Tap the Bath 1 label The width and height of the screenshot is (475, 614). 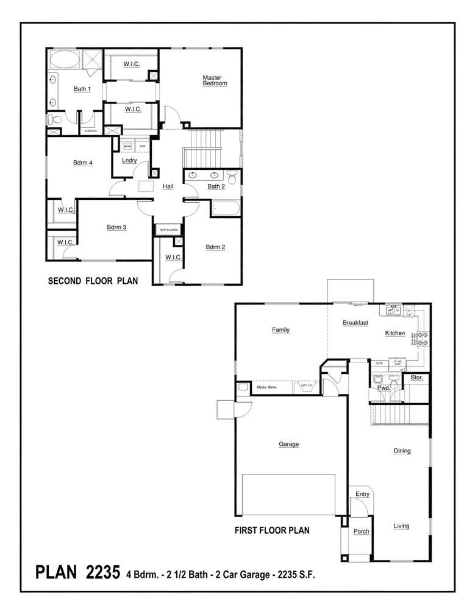[x=82, y=89]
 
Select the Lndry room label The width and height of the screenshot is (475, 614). [x=129, y=161]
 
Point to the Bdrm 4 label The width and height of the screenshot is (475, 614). [x=82, y=162]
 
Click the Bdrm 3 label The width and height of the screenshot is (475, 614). [x=116, y=227]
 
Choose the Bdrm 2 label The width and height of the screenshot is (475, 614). [x=215, y=247]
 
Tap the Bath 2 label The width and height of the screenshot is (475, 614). [x=216, y=186]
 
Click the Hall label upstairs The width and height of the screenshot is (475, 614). [x=168, y=186]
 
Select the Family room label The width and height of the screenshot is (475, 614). [x=280, y=330]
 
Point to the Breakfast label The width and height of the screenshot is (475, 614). [x=355, y=323]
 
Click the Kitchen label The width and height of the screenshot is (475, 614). [x=395, y=333]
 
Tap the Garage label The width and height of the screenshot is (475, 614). [x=288, y=444]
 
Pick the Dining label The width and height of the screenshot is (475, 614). [x=402, y=451]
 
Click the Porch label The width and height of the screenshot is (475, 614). [x=361, y=531]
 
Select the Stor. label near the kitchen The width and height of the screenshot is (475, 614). [x=417, y=378]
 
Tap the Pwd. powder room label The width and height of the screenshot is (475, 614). [x=384, y=387]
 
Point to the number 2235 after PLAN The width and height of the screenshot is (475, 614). [x=104, y=573]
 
